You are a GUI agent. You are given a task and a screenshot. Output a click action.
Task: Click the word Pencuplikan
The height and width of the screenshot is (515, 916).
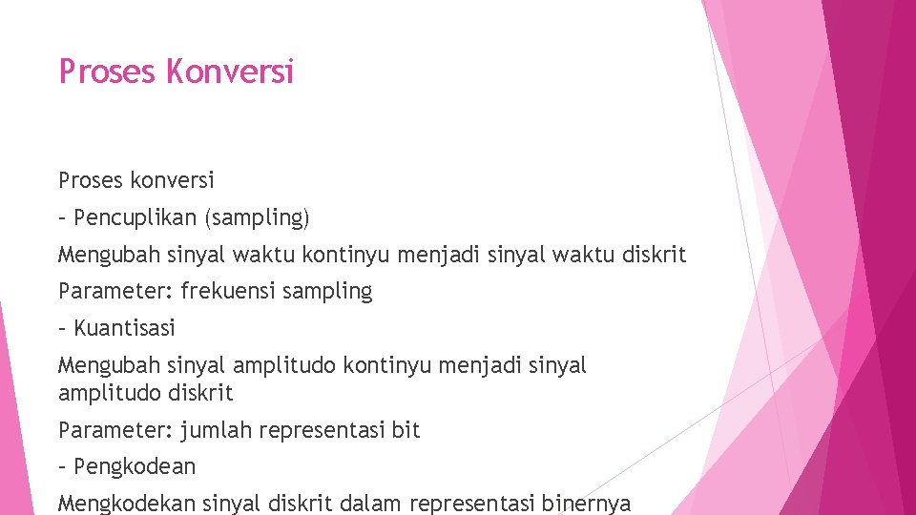click(x=134, y=217)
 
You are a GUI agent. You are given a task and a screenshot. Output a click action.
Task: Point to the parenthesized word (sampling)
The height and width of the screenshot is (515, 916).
click(x=256, y=218)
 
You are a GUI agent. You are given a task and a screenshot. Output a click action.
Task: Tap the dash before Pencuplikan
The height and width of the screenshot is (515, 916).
click(x=63, y=217)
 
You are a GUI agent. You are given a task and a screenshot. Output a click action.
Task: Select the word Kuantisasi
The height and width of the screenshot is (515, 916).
click(x=124, y=328)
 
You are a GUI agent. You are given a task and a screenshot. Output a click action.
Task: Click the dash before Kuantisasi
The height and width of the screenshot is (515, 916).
click(x=63, y=328)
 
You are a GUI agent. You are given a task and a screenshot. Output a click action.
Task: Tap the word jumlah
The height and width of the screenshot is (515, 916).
click(x=214, y=430)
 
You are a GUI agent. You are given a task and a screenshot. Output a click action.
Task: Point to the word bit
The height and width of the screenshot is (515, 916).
click(x=406, y=430)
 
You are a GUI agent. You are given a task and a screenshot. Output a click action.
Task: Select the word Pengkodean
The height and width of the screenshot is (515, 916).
click(x=135, y=467)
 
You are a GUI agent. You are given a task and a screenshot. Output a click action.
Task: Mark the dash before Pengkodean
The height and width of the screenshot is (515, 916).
click(x=63, y=466)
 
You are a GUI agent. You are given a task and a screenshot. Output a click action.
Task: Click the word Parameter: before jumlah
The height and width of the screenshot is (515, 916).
click(x=115, y=430)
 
